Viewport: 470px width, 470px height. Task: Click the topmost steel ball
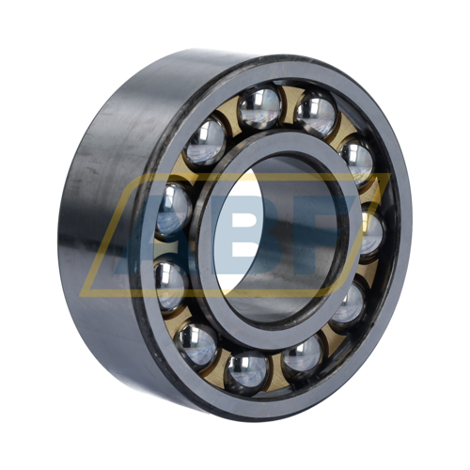[x=259, y=107]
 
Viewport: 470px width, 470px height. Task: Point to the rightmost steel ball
[x=371, y=232]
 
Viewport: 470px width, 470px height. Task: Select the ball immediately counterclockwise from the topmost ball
[x=205, y=142]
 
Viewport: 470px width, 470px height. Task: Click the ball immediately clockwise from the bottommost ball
[x=196, y=346]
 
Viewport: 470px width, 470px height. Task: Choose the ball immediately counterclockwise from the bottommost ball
[x=303, y=357]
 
